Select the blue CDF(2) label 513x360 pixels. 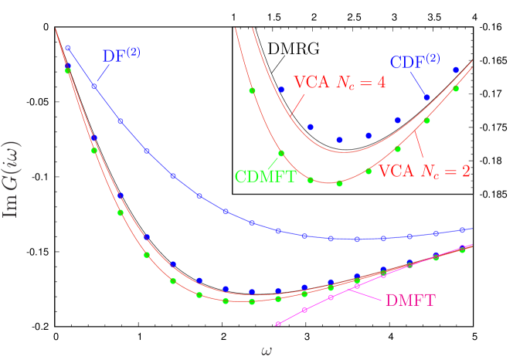tap(415, 62)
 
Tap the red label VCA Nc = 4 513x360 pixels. tap(339, 83)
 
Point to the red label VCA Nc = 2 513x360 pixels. tap(424, 172)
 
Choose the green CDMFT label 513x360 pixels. tap(265, 176)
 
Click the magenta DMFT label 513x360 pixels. tap(409, 300)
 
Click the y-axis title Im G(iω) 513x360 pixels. tap(11, 178)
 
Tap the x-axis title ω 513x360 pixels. tap(266, 351)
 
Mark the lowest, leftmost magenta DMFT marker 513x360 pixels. tap(278, 323)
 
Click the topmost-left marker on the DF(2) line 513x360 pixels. tap(68, 48)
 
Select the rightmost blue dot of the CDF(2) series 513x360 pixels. tap(456, 70)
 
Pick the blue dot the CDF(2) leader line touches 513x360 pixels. tap(426, 97)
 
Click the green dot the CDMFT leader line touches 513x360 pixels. tap(281, 153)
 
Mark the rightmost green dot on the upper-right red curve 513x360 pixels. tap(456, 89)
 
